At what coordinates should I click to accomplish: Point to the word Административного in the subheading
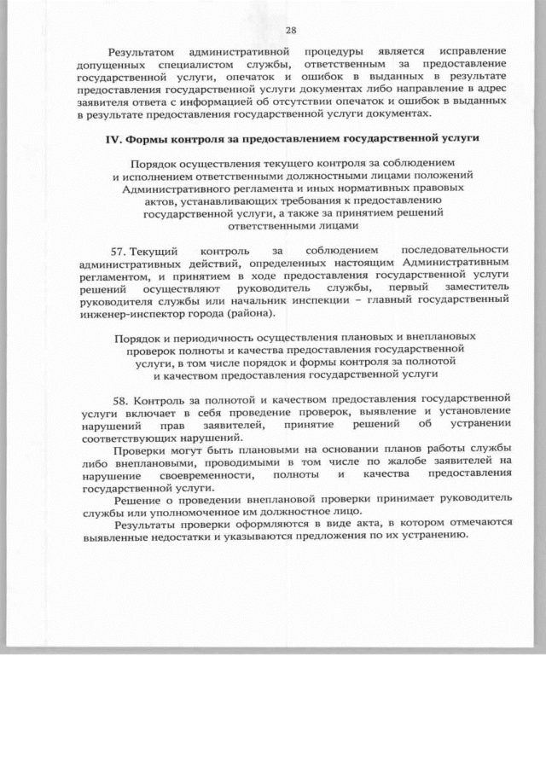tap(179, 186)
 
